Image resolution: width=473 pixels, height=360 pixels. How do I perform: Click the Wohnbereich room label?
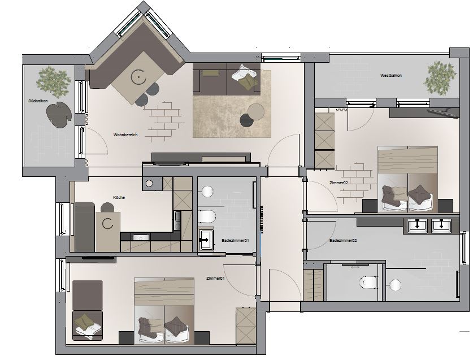click(x=125, y=135)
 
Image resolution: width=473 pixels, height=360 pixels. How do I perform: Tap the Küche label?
click(x=119, y=197)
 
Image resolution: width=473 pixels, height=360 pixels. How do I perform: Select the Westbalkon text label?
click(x=391, y=75)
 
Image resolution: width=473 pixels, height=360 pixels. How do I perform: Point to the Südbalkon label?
click(x=38, y=101)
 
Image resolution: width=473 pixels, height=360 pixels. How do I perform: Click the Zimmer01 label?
click(x=215, y=278)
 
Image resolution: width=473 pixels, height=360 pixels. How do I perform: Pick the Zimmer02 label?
click(x=339, y=183)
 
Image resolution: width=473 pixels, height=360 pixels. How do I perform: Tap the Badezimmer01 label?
click(x=235, y=241)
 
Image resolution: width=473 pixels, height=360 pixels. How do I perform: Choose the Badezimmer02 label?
click(x=343, y=241)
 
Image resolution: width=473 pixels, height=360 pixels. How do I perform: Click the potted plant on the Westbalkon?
click(x=440, y=77)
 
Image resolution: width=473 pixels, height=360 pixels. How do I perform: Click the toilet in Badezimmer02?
click(x=368, y=283)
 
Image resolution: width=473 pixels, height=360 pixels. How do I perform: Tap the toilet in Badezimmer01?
click(x=207, y=216)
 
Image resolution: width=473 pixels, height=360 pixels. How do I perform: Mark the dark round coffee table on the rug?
click(x=247, y=121)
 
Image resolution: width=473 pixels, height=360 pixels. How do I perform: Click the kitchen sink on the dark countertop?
click(x=141, y=237)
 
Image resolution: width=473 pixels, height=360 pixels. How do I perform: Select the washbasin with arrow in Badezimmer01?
click(x=206, y=240)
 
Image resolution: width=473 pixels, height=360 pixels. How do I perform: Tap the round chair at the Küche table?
click(x=107, y=207)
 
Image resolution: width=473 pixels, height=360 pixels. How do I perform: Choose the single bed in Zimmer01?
click(x=88, y=310)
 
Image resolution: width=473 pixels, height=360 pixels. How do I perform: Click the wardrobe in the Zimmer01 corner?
click(x=246, y=326)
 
